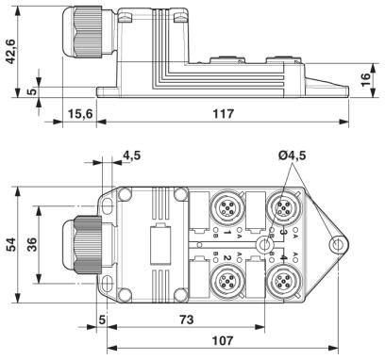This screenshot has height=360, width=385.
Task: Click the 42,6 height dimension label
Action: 10,52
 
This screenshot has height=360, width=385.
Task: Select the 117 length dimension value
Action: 224,114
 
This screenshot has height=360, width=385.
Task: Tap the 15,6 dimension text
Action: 80,114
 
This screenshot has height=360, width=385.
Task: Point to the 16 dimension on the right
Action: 364,80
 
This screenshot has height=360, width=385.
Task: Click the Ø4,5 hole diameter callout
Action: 293,155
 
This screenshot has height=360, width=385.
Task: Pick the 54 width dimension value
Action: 11,245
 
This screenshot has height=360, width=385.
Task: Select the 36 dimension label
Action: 31,245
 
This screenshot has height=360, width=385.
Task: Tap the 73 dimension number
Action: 187,319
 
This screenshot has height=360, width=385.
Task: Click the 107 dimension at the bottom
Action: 223,340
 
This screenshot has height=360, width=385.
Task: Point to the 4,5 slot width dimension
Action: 132,155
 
